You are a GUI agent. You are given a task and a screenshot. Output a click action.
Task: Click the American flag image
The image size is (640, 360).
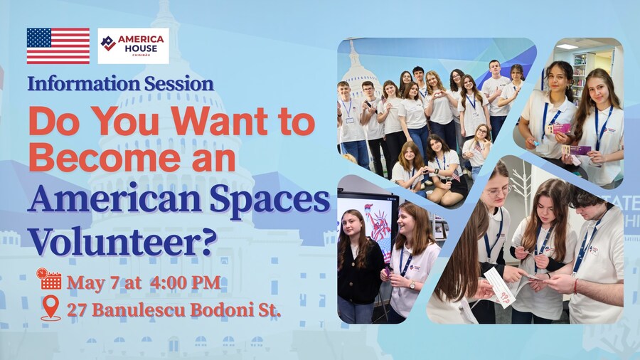(x=58, y=46)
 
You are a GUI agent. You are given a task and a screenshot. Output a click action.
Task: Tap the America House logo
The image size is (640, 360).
(x=134, y=46)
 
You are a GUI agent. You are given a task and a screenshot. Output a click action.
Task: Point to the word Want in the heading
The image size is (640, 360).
(x=219, y=121)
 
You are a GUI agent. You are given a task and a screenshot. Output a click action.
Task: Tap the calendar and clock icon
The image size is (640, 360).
(x=48, y=278)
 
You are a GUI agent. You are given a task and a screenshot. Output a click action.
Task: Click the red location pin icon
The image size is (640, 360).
(x=50, y=308)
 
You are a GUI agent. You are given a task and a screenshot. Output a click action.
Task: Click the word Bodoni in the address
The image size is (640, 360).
(x=218, y=310)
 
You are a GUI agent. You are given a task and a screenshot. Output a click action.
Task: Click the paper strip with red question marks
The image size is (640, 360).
(x=500, y=287)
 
